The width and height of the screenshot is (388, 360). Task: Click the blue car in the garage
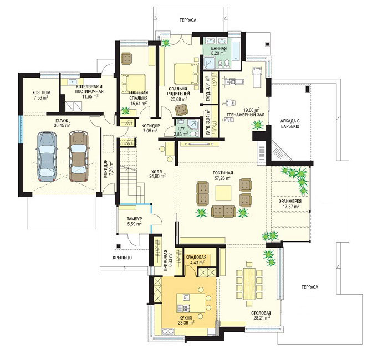point(47,157)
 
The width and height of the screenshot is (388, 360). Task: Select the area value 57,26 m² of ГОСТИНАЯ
point(223,178)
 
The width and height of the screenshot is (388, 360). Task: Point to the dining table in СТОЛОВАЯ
point(249,283)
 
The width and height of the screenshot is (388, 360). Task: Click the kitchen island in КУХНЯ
point(191,302)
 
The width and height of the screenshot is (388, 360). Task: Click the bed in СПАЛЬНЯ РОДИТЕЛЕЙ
point(187,74)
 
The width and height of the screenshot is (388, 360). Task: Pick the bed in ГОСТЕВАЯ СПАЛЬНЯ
point(133,84)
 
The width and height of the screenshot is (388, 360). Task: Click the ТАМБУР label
point(134,219)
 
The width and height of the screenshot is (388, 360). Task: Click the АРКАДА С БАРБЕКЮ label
point(290,124)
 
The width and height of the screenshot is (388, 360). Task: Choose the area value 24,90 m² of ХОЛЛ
point(157,176)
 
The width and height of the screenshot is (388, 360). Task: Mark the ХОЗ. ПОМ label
point(42,92)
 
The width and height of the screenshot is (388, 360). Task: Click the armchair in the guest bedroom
point(127,58)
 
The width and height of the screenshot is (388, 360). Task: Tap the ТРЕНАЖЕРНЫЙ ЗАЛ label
point(245,115)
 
